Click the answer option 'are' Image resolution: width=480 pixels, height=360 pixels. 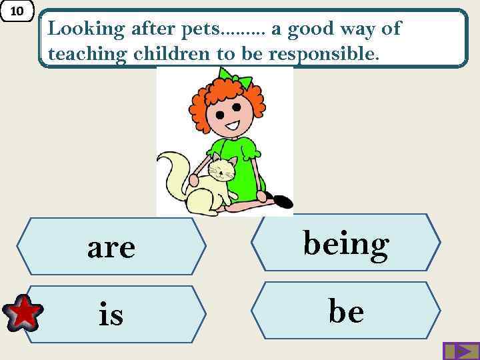(111, 247)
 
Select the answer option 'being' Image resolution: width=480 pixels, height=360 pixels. (346, 243)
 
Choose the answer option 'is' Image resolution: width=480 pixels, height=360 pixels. (111, 314)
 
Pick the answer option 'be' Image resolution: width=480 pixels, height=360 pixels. (346, 311)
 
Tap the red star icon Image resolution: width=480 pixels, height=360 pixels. (23, 314)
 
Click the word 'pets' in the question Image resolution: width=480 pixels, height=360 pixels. (201, 29)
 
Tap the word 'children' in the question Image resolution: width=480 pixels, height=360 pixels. (171, 54)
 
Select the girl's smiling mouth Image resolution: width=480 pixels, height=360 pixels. (231, 126)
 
